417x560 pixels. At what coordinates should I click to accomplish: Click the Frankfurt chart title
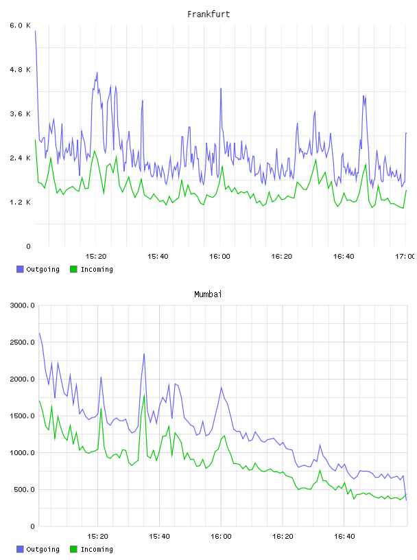point(208,14)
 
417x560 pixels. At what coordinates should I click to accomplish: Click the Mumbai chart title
point(208,294)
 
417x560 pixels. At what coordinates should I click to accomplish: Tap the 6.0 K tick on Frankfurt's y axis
point(20,25)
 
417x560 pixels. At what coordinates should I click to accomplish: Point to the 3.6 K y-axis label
point(20,114)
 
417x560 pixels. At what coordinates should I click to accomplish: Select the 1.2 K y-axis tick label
point(20,202)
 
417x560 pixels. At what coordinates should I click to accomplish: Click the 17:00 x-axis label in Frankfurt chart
point(405,257)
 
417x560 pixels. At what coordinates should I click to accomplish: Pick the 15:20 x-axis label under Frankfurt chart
point(96,257)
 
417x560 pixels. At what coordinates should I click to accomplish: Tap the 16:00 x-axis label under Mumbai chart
point(221,537)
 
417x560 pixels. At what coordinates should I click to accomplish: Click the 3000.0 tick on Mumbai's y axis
point(22,305)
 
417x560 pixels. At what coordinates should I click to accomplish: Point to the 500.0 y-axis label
point(24,489)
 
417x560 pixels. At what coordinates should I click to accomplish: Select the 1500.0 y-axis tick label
point(22,416)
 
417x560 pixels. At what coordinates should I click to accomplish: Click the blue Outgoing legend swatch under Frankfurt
point(20,269)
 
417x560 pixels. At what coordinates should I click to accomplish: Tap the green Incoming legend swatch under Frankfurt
point(73,269)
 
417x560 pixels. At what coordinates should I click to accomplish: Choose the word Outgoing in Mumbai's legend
point(43,549)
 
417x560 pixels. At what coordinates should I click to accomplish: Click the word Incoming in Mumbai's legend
point(97,549)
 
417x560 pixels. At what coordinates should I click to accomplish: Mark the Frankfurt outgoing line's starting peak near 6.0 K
point(35,31)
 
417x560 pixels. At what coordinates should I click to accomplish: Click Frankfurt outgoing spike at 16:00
point(221,89)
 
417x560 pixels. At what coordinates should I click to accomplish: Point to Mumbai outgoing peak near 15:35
point(144,354)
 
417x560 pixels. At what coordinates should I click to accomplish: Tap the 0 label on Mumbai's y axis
point(32,526)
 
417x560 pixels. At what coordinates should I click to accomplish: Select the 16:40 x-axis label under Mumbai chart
point(344,537)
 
